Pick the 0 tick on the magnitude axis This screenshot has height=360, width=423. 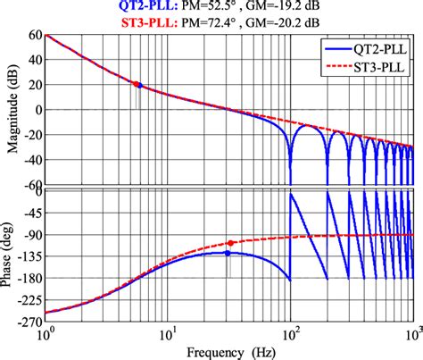pyautogui.click(x=37, y=111)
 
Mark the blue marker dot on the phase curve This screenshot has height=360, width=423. pyautogui.click(x=228, y=253)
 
